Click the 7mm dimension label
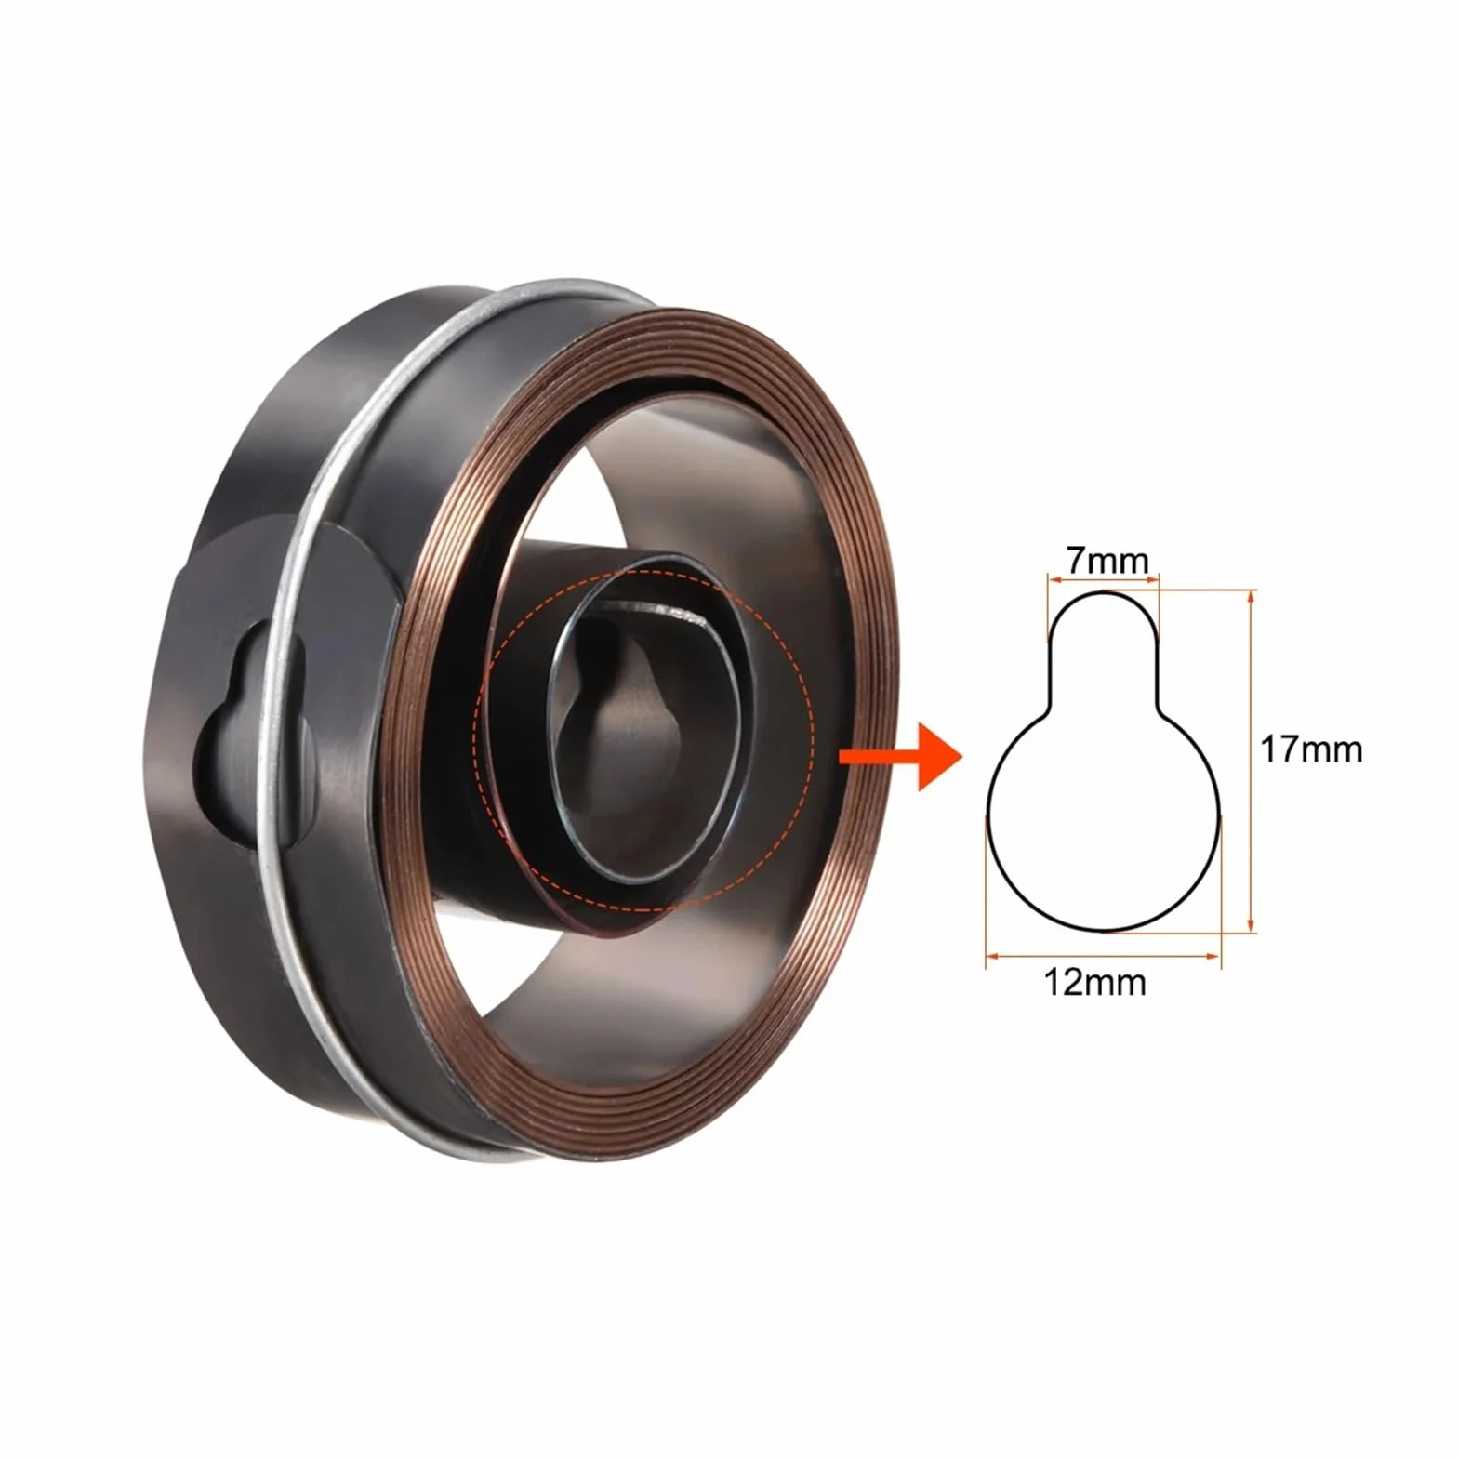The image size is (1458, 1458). pos(1107,561)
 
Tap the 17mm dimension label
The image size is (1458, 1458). pos(1311,749)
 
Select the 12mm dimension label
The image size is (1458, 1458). pos(1094,982)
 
